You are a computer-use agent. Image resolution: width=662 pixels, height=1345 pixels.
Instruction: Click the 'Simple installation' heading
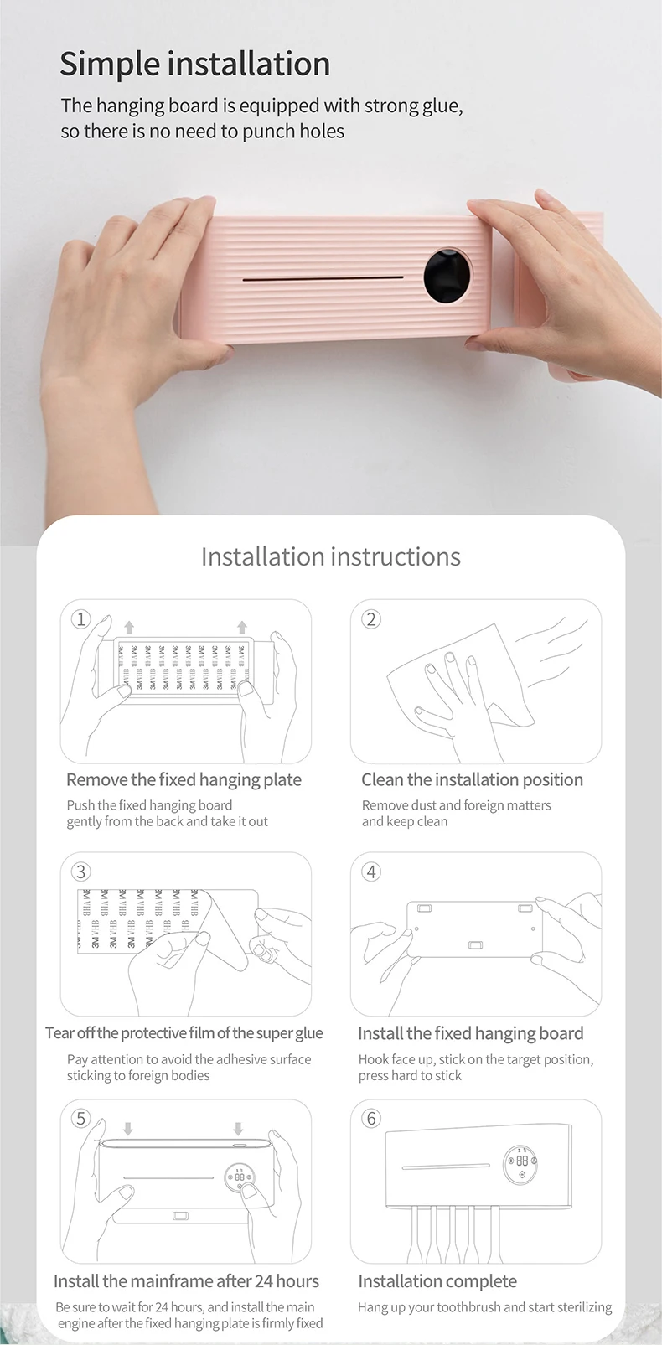(195, 65)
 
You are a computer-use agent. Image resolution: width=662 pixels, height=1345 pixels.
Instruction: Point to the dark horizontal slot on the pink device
(323, 278)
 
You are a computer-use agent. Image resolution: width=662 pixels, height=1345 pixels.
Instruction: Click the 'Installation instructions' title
(331, 556)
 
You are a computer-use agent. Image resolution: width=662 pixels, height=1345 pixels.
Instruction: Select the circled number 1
(80, 619)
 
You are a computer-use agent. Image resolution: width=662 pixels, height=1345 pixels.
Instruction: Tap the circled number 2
(371, 619)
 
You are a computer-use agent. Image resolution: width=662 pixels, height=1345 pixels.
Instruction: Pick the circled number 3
(80, 872)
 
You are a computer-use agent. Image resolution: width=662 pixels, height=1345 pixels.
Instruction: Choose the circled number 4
(371, 872)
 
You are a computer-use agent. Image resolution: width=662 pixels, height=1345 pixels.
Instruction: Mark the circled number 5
(80, 1118)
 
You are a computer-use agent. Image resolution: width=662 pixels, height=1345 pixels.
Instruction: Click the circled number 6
(371, 1118)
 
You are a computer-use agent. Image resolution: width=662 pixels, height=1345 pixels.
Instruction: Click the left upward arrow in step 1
(129, 628)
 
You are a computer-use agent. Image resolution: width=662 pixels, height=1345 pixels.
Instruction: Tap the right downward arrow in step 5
(238, 1128)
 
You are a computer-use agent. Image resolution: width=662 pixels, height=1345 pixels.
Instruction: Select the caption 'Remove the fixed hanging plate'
(184, 779)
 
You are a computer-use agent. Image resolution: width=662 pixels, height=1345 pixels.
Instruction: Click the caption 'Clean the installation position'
(473, 779)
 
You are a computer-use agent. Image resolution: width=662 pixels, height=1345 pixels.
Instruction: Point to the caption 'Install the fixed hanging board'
(471, 1032)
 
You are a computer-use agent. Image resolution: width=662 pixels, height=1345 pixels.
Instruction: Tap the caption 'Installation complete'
(437, 1280)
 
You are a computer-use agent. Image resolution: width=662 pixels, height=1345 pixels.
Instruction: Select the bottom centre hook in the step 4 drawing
(475, 946)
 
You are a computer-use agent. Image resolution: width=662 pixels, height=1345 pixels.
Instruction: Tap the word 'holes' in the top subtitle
(324, 131)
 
